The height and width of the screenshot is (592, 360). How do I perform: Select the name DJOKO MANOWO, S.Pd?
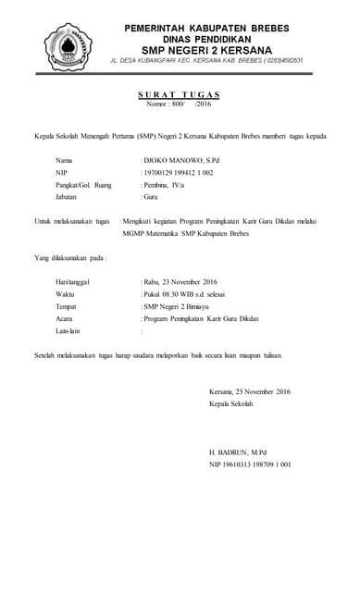click(180, 160)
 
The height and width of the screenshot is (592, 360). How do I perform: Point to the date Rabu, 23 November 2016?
click(179, 281)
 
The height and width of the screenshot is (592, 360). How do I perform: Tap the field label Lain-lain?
click(68, 329)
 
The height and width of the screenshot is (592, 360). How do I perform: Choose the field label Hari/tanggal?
click(73, 281)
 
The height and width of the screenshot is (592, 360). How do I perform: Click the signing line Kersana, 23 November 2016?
click(250, 391)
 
